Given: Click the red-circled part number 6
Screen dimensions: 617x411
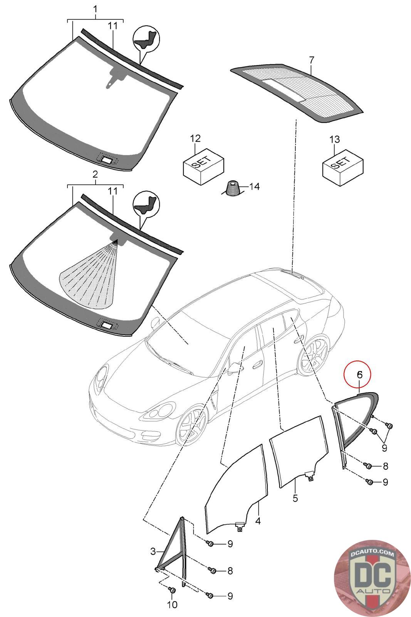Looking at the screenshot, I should [x=359, y=374].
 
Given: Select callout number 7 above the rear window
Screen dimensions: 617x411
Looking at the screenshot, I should [x=312, y=60].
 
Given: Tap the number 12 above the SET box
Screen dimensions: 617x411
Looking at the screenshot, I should [x=195, y=138].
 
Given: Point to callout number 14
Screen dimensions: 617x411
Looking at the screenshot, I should [x=254, y=187].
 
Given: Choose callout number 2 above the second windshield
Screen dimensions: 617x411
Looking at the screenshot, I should [x=95, y=174].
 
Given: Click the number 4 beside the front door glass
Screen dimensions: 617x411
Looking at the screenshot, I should [x=258, y=521].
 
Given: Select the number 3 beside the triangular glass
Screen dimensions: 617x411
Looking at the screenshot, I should [x=153, y=552].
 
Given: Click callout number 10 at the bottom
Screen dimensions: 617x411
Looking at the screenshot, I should [x=172, y=605].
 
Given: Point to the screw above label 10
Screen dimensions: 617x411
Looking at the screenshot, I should [x=172, y=590].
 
